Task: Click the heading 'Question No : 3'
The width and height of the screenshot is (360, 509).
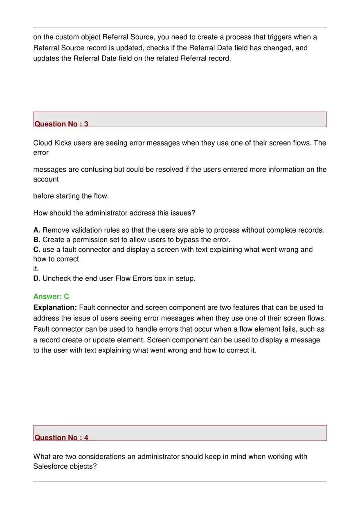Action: tap(61, 124)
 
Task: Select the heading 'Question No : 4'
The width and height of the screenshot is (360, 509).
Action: tap(61, 437)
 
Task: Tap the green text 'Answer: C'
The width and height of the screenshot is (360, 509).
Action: tap(51, 296)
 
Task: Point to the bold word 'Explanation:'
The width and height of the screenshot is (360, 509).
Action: tap(55, 307)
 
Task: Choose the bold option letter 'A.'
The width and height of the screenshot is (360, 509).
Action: tap(37, 230)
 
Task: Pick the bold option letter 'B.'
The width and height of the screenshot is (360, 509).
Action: tap(37, 240)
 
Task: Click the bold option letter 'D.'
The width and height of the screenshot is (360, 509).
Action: tap(37, 279)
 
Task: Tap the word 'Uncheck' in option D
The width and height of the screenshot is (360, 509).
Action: tap(56, 279)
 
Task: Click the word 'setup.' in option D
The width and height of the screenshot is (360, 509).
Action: tap(185, 279)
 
